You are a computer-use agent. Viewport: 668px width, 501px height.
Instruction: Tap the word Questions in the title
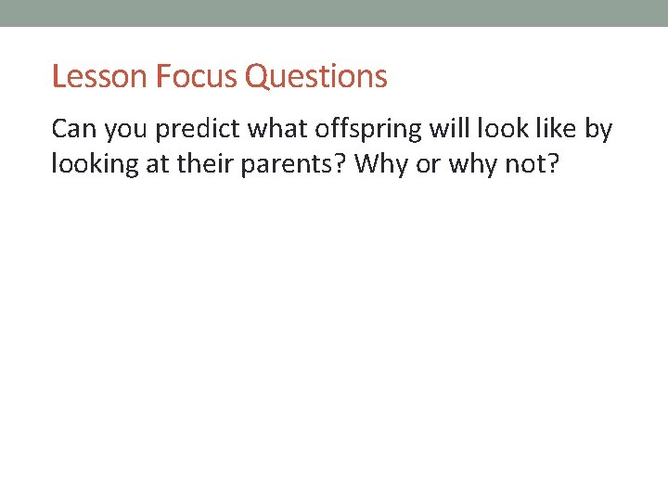pos(316,76)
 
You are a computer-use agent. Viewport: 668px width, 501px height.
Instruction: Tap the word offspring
pos(361,129)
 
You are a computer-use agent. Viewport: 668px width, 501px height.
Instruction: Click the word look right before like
pos(501,129)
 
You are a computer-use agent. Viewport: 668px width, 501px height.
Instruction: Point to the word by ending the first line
pos(600,129)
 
